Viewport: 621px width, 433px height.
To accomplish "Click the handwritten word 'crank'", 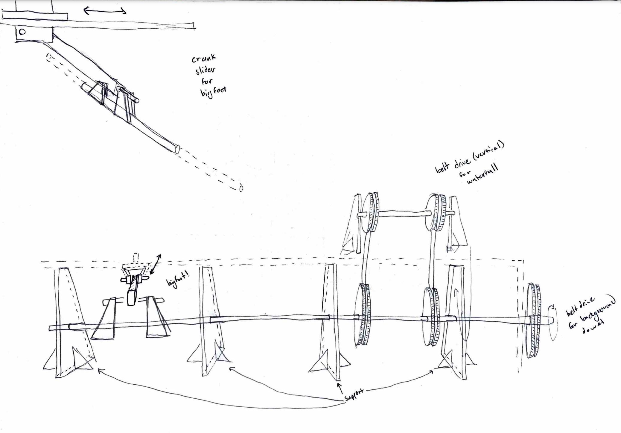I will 204,58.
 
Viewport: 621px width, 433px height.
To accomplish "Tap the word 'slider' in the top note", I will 205,70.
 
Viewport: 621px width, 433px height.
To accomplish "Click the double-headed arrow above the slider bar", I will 105,11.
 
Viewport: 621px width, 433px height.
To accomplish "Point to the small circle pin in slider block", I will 22,32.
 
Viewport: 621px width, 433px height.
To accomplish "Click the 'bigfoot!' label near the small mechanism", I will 178,280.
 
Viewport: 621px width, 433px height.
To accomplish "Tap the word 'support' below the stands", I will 354,395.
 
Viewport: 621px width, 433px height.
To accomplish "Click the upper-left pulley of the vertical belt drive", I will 370,213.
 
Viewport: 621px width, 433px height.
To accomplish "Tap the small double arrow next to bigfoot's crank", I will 155,264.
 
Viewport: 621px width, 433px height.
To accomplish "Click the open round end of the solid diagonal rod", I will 177,149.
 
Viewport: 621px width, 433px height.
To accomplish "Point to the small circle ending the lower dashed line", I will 241,188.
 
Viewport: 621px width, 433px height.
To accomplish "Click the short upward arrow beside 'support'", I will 340,389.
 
